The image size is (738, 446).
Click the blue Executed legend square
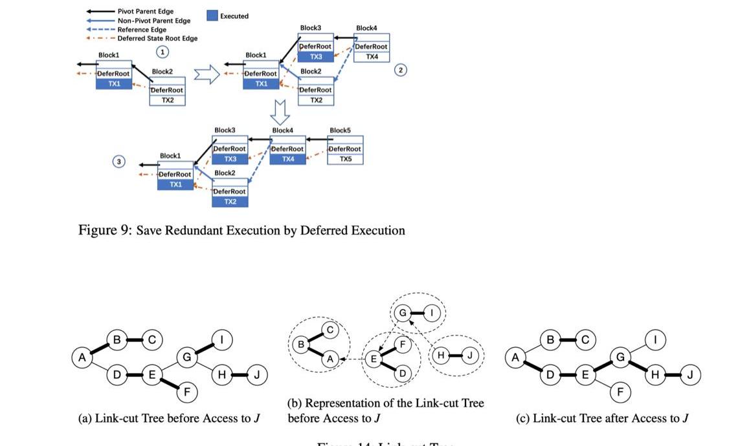pyautogui.click(x=212, y=16)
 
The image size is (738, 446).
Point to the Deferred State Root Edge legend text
pyautogui.click(x=157, y=39)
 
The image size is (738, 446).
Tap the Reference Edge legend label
pyautogui.click(x=142, y=30)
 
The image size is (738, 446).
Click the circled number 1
pyautogui.click(x=162, y=51)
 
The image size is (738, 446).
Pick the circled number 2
pyautogui.click(x=401, y=70)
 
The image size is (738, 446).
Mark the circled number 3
pyautogui.click(x=119, y=162)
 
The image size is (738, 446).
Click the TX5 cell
pyautogui.click(x=346, y=159)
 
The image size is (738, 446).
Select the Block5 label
pyautogui.click(x=340, y=131)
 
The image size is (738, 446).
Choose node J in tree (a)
pyautogui.click(x=256, y=375)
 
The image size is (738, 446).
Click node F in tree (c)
pyautogui.click(x=620, y=392)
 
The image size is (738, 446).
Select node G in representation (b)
pyautogui.click(x=402, y=313)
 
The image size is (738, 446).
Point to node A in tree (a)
pyautogui.click(x=82, y=357)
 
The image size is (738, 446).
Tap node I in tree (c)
pyautogui.click(x=656, y=340)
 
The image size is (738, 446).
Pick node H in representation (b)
pyautogui.click(x=442, y=355)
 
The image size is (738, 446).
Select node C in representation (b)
pyautogui.click(x=329, y=330)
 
